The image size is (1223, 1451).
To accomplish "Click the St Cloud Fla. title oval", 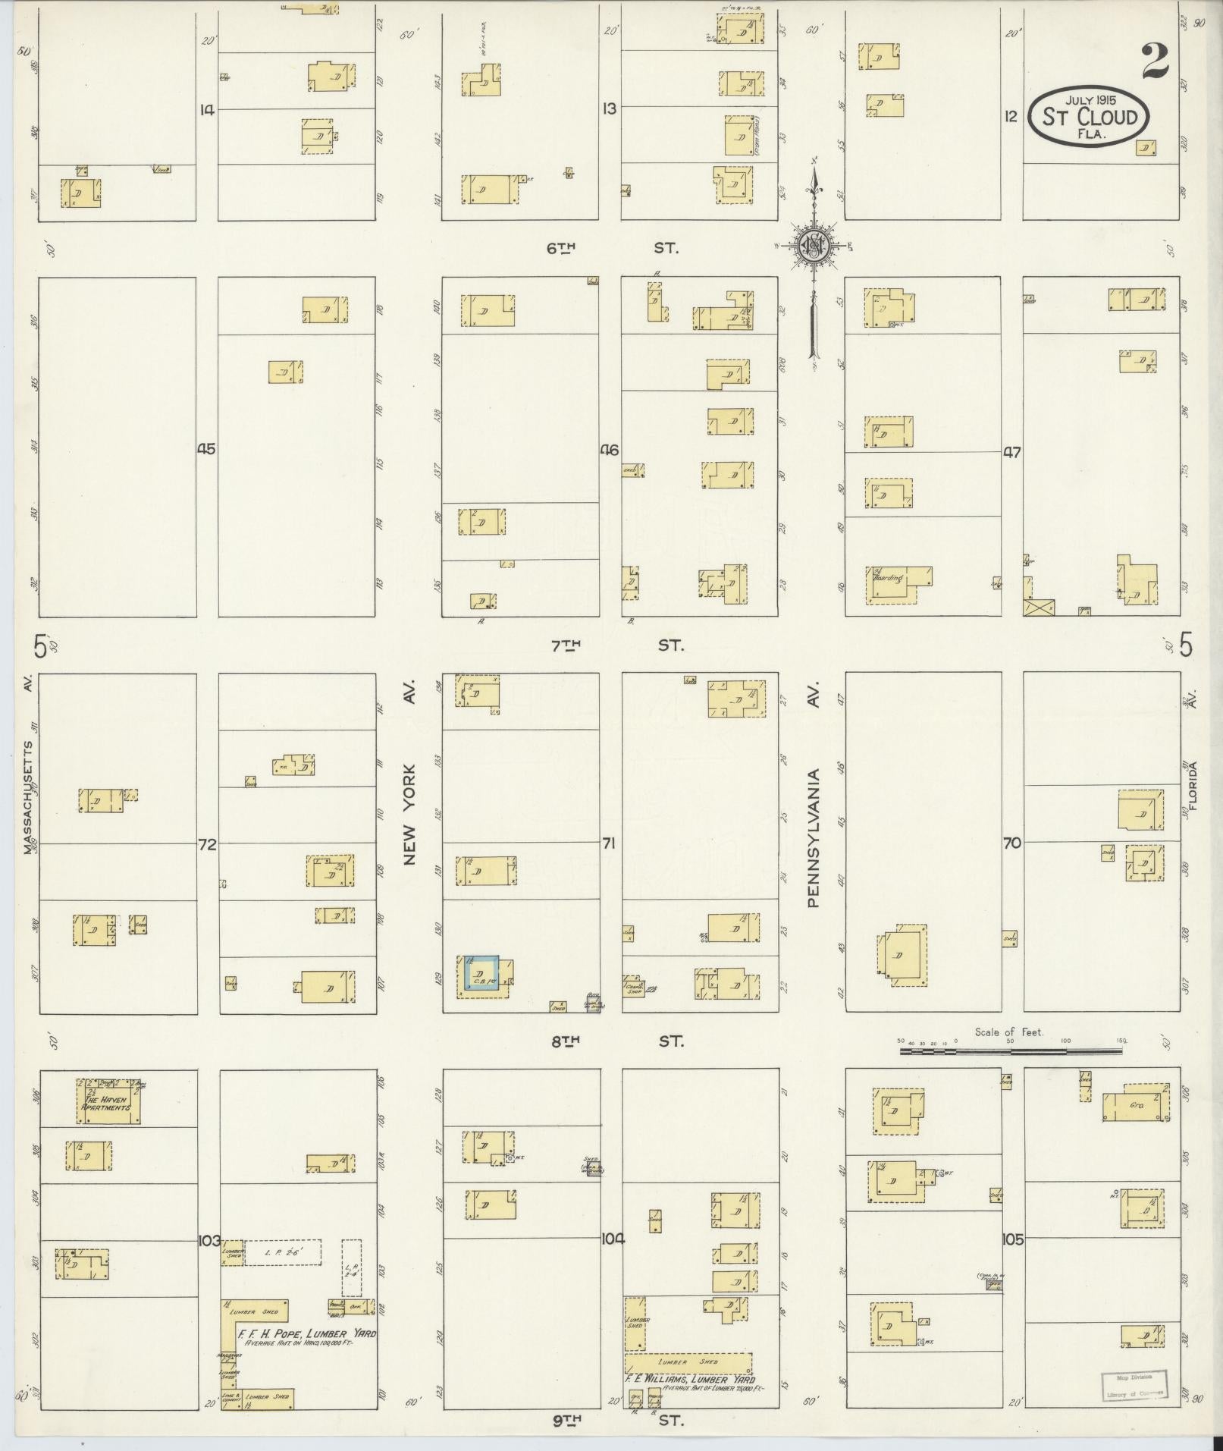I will coord(1089,117).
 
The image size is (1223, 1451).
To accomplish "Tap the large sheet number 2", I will coord(1154,61).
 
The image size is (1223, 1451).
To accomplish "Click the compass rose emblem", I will coord(811,244).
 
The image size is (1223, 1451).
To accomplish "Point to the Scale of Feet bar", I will coord(1012,1051).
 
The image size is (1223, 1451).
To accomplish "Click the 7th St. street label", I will coord(616,645).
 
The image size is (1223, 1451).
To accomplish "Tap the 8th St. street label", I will coord(616,1041).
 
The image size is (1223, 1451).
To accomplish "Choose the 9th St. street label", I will coord(616,1420).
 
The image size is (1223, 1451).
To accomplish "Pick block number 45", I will coord(206,449).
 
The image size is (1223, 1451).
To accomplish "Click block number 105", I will coord(1013,1239).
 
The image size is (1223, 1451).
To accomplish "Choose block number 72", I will coord(206,843).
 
